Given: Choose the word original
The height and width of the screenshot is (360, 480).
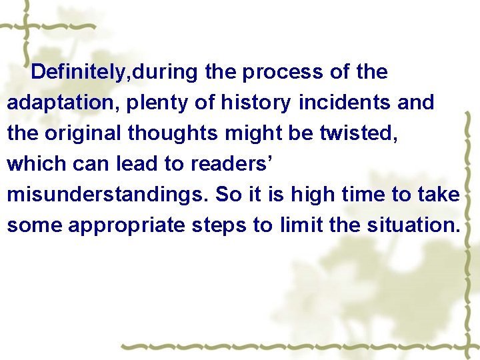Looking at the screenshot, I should (83, 133).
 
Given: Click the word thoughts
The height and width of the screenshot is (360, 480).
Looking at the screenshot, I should (173, 133).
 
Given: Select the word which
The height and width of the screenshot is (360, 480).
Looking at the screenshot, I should (31, 163).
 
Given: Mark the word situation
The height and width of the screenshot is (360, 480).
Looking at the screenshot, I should (413, 225).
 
